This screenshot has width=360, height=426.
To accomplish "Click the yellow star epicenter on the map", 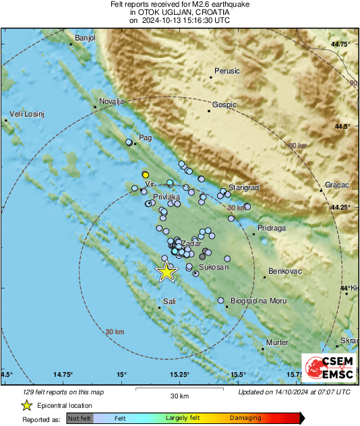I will pyautogui.click(x=166, y=272).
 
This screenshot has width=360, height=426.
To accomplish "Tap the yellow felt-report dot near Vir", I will pyautogui.click(x=145, y=175).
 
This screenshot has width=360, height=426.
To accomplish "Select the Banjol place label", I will pyautogui.click(x=86, y=38).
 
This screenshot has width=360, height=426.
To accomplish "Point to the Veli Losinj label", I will pyautogui.click(x=26, y=114).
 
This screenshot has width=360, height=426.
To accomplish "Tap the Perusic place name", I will pyautogui.click(x=227, y=71).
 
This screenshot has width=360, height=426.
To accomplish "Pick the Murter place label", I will pyautogui.click(x=277, y=343).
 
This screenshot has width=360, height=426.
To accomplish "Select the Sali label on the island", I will pyautogui.click(x=169, y=301).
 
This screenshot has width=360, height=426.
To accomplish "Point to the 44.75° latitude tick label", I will pyautogui.click(x=341, y=44).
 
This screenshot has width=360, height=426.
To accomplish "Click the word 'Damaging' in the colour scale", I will pyautogui.click(x=245, y=419).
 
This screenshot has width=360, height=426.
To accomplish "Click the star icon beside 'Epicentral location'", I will pyautogui.click(x=26, y=406).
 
